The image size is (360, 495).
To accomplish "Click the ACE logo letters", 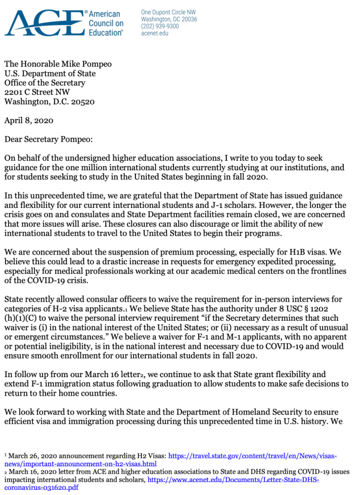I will click(x=45, y=23).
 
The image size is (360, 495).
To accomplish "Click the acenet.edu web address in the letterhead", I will click(x=154, y=33).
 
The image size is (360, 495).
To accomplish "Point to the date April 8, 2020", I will click(x=29, y=120).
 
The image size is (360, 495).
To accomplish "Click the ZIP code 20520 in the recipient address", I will click(x=83, y=102).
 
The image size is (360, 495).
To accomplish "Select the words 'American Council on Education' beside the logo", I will click(x=106, y=23).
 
